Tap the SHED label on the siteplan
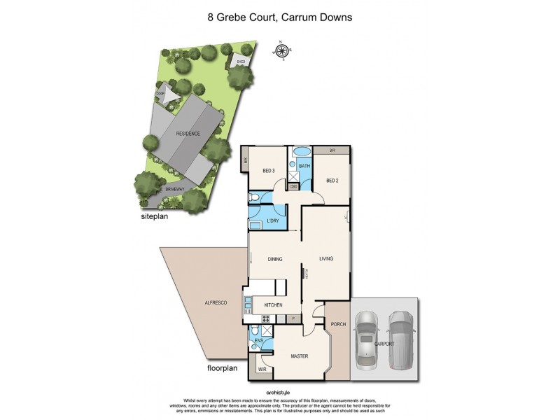(x=240, y=62)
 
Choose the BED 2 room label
(x=332, y=180)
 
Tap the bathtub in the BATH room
(x=302, y=152)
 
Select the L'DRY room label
(x=274, y=222)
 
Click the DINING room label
(x=274, y=259)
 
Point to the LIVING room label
(x=326, y=259)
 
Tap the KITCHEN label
(x=273, y=304)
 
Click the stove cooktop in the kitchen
(x=266, y=320)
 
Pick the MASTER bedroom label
(x=299, y=356)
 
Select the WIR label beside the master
(x=262, y=369)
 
